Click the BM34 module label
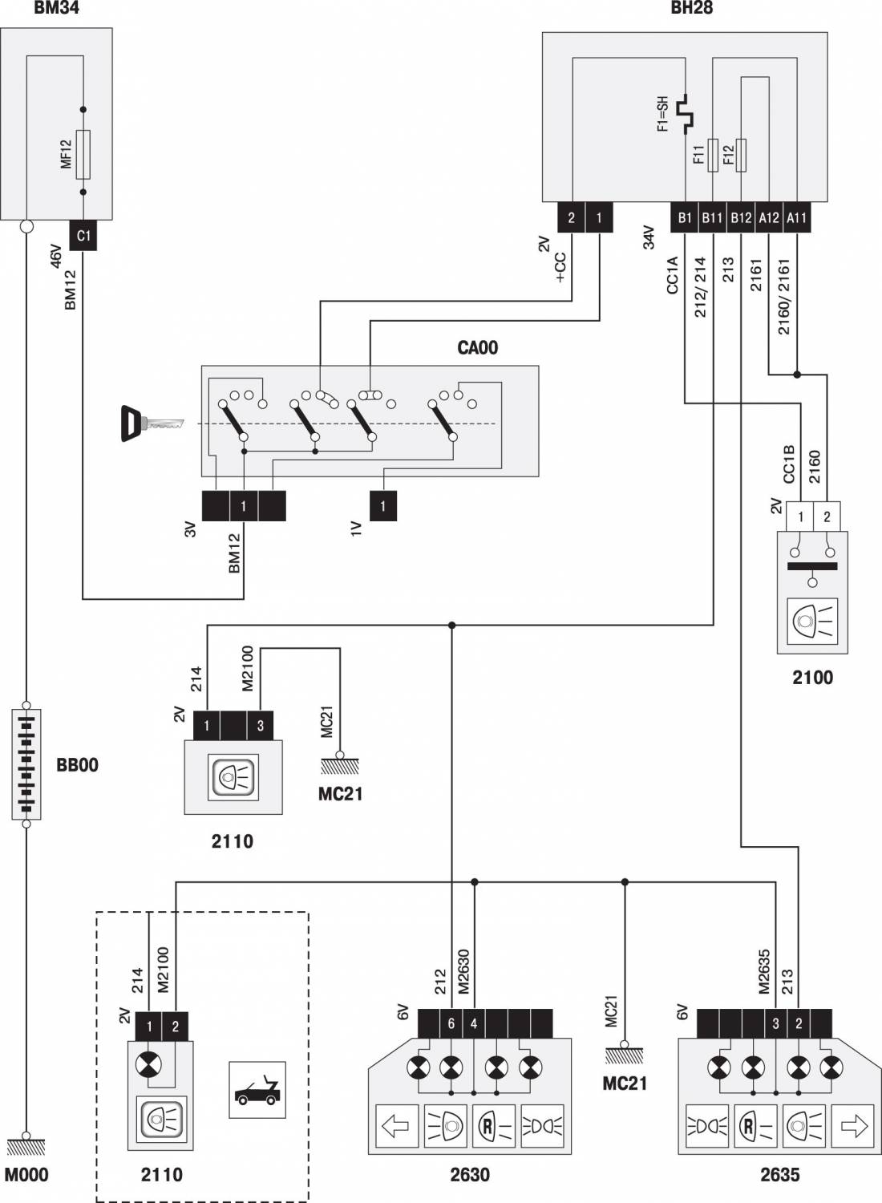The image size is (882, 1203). (56, 7)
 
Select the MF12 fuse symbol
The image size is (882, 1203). (83, 154)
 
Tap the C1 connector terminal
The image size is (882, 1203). (83, 235)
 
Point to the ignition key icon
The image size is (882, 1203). (152, 423)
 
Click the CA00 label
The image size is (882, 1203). (477, 347)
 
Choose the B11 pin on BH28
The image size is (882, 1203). (712, 217)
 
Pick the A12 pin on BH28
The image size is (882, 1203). (769, 217)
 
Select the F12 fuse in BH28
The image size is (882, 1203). (741, 156)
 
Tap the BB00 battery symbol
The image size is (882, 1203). (26, 764)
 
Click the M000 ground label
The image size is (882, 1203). (26, 1175)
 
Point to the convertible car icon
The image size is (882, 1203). (257, 1090)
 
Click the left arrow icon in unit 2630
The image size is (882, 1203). (397, 1126)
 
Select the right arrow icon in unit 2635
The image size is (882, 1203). (852, 1126)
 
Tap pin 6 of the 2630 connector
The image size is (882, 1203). (451, 1023)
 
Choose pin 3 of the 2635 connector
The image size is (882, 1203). (775, 1023)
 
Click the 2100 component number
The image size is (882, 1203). (813, 678)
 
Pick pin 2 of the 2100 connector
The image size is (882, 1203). (827, 516)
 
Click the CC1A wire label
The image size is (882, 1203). (673, 275)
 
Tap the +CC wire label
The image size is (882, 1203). (560, 267)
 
